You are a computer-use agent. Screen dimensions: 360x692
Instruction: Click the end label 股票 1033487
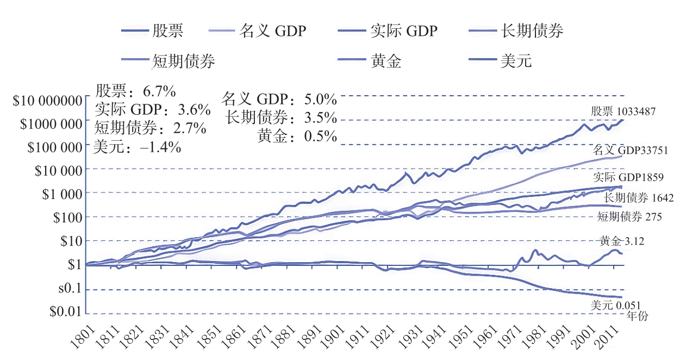(624, 111)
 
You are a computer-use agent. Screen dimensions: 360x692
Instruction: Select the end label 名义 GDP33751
(630, 150)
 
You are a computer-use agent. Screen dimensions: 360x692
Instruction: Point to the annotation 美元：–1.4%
(138, 147)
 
